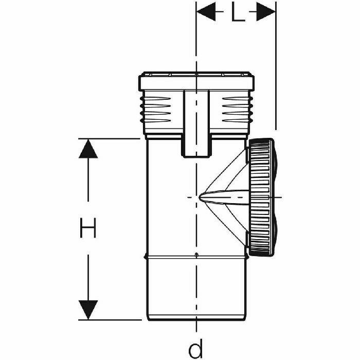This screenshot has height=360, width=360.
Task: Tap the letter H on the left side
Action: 88,228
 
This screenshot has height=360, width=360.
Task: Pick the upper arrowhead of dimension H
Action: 88,149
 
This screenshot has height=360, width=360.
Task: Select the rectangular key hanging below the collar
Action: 196,123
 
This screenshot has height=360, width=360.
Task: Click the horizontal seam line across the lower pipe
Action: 170,256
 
